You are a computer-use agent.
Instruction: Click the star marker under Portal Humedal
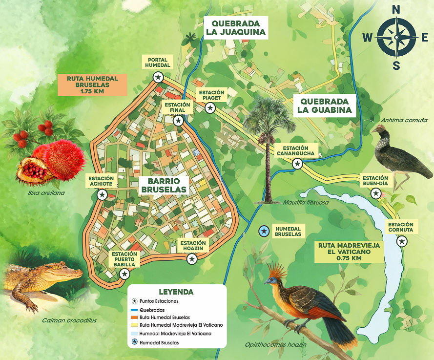[x=158, y=77]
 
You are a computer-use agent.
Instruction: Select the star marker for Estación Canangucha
[x=297, y=164]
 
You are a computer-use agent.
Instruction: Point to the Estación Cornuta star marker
[x=402, y=241]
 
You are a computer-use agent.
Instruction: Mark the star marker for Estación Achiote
[x=102, y=195]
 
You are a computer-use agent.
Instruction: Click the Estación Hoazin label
[x=193, y=246]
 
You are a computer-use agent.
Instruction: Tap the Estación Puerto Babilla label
[x=126, y=259]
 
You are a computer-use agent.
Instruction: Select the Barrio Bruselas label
[x=163, y=185]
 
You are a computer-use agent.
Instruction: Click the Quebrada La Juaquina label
[x=235, y=28]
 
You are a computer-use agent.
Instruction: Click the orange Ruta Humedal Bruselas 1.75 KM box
[x=92, y=85]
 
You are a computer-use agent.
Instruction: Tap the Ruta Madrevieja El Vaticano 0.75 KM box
[x=349, y=251]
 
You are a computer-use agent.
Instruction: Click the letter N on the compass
[x=396, y=9]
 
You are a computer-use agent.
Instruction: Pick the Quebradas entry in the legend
[x=152, y=310]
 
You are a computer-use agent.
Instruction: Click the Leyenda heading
[x=176, y=292]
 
